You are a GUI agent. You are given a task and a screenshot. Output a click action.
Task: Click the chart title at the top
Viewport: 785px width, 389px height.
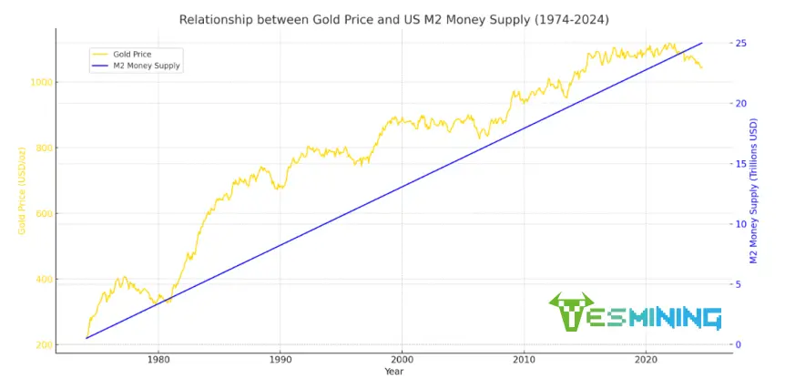(393, 19)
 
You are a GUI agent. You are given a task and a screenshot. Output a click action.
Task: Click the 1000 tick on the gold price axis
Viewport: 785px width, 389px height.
(40, 82)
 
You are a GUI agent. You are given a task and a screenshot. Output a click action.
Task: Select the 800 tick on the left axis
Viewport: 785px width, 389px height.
(43, 148)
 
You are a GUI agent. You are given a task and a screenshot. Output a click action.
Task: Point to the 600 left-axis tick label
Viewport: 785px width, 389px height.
(43, 213)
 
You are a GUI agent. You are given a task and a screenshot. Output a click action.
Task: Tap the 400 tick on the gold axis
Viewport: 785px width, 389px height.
(43, 279)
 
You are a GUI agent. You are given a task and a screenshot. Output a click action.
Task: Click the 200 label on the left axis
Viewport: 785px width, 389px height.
(43, 344)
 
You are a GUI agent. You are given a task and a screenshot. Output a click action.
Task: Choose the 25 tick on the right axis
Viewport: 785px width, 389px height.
(741, 43)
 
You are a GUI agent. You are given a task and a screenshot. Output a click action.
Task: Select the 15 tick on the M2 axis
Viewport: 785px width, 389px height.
(741, 164)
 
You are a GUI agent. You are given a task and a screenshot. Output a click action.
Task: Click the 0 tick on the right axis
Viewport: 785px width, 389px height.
(739, 344)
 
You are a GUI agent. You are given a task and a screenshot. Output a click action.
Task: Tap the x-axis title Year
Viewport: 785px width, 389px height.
(393, 372)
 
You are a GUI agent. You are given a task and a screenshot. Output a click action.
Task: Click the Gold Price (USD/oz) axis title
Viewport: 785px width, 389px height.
(21, 192)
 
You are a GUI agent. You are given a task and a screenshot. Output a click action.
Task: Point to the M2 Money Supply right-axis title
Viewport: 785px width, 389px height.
(754, 192)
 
